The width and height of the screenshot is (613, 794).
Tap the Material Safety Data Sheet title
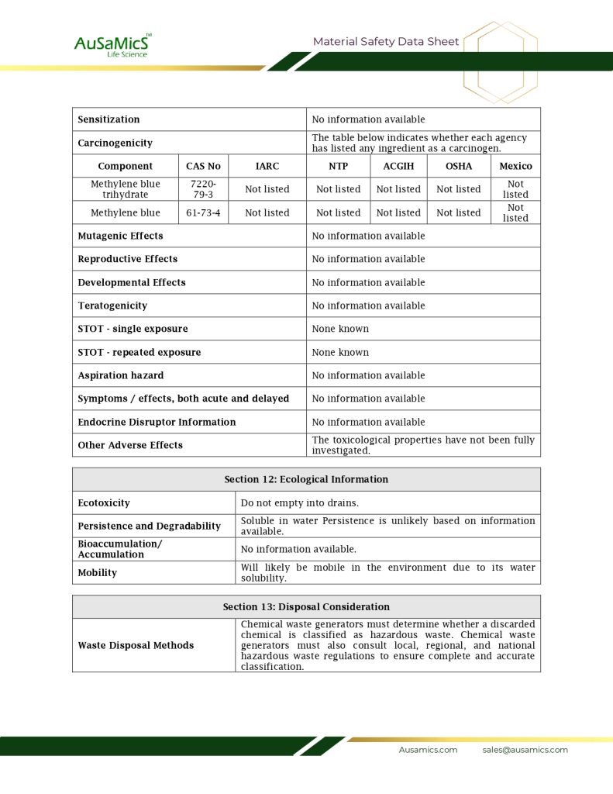[x=386, y=42]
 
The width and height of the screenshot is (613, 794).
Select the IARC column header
[x=267, y=166]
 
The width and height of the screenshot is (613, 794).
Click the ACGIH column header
[x=398, y=166]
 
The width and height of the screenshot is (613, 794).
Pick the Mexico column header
[x=515, y=166]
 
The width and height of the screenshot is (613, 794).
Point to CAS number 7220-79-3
[x=203, y=189]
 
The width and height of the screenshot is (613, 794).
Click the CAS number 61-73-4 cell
[x=203, y=212]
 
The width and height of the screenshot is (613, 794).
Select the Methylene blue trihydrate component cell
[x=126, y=189]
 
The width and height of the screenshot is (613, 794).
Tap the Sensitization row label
[x=109, y=119]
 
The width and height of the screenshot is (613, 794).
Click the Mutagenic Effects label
[x=120, y=236]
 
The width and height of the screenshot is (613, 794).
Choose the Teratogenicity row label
[x=112, y=306]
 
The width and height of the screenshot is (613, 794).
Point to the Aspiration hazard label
[x=121, y=375]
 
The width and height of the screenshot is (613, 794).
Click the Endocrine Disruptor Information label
[x=157, y=422]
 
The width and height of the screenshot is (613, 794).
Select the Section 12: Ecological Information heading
[x=306, y=479]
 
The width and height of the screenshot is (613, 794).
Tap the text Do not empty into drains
[x=299, y=503]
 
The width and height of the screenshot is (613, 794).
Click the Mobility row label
[x=98, y=573]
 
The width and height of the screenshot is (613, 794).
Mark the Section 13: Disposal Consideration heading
[x=306, y=606]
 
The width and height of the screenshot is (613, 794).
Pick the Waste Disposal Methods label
[x=136, y=645]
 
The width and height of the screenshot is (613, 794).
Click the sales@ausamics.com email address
[x=525, y=750]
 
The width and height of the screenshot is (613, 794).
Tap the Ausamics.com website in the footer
[x=428, y=750]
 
